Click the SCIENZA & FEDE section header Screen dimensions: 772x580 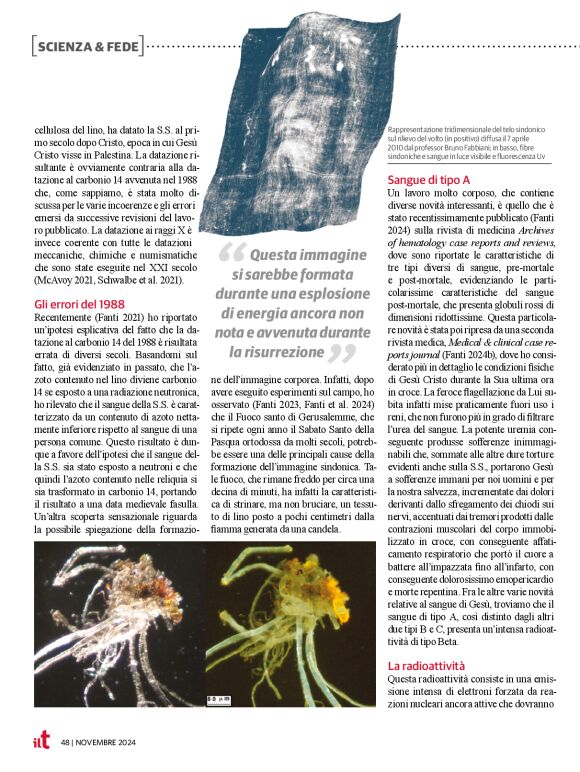tap(87, 45)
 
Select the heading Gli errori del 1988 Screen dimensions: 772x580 tap(79, 304)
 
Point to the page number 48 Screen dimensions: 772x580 tap(64, 742)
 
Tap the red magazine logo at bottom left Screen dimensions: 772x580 tap(40, 741)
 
